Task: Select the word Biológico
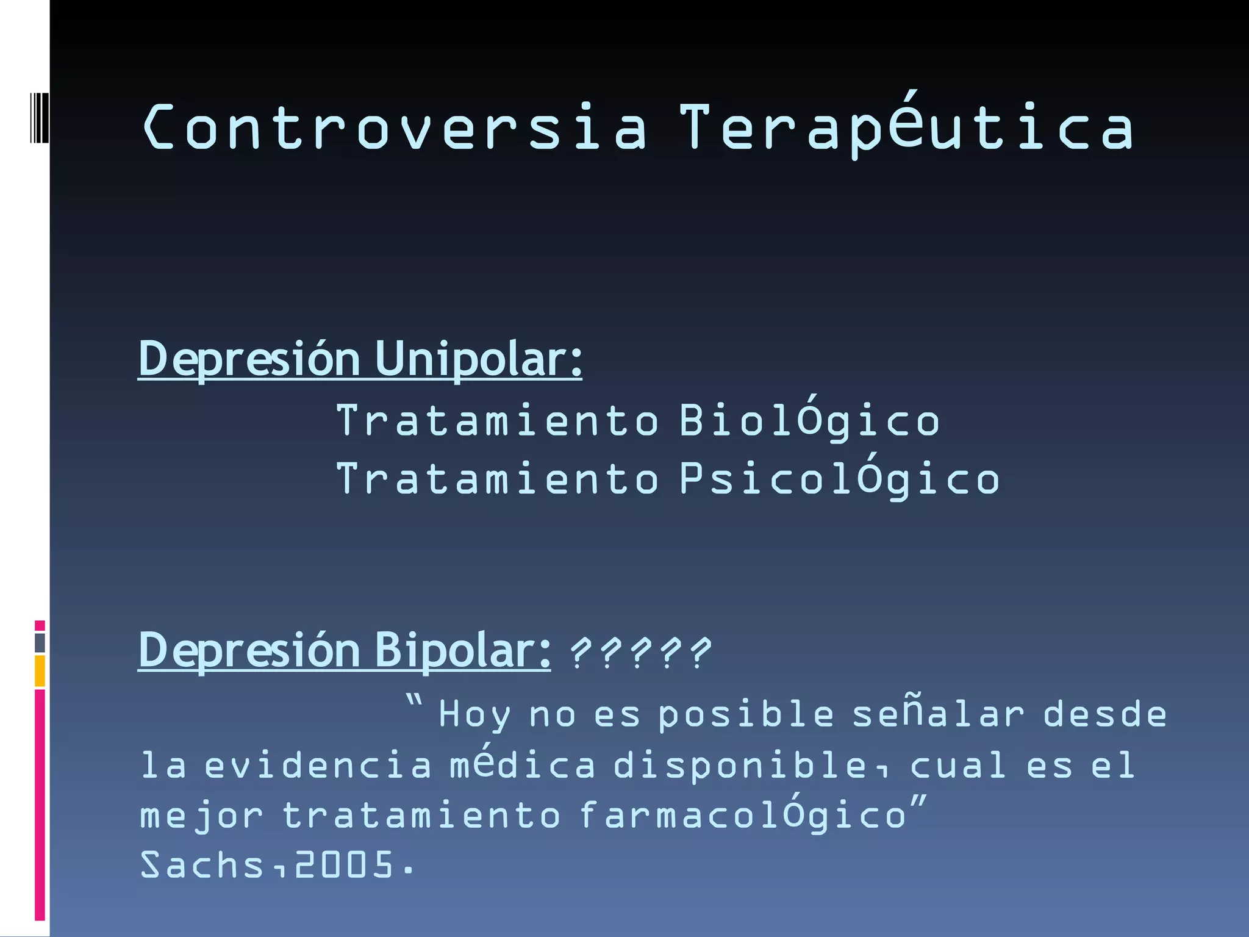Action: (x=809, y=421)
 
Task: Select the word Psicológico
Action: (x=839, y=479)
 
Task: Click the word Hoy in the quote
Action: (x=474, y=714)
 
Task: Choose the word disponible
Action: (x=747, y=765)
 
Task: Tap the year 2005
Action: (x=345, y=865)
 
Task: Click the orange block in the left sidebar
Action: (x=40, y=671)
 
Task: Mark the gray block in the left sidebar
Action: (x=40, y=643)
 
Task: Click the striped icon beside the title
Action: (x=40, y=118)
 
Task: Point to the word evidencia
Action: (x=318, y=765)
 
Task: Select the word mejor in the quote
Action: (x=201, y=816)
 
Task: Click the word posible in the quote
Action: (x=746, y=714)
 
